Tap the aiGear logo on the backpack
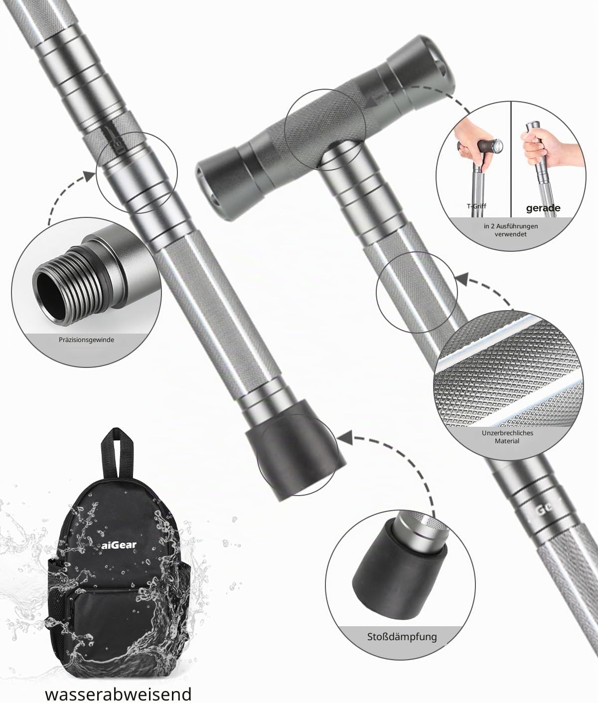coord(119,544)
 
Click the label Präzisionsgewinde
coord(86,340)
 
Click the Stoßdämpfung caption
coord(402,636)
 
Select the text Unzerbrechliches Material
coord(507,437)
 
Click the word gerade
coord(543,208)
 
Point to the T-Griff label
coord(476,206)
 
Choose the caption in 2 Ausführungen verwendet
coord(511,230)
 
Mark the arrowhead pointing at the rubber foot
coord(344,438)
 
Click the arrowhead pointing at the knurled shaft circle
coord(462,278)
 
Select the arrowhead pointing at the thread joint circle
coord(89,176)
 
